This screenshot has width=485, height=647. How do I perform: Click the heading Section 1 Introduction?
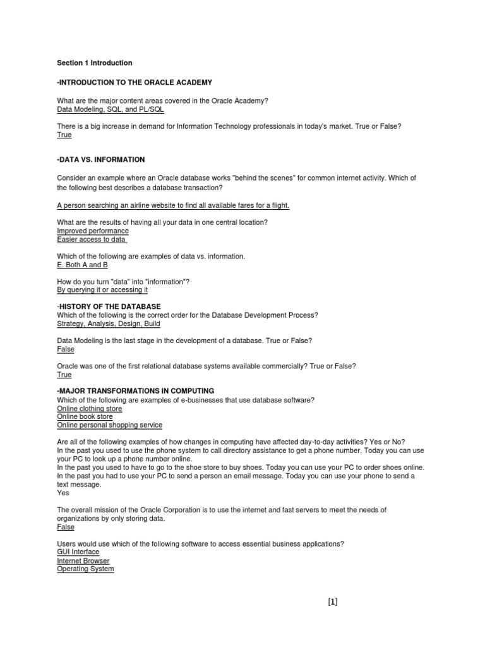tap(95, 63)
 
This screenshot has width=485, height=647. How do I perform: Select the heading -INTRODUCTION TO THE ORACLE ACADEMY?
tap(135, 83)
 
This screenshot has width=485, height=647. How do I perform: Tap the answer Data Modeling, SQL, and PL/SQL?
tap(111, 109)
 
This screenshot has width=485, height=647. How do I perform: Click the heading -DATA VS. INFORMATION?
tap(101, 160)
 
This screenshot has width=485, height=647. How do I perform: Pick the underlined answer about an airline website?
tap(173, 205)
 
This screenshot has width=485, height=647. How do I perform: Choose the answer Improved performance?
tap(93, 231)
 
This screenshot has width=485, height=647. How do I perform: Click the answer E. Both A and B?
tap(83, 265)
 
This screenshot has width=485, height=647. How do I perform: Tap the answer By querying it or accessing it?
tap(102, 290)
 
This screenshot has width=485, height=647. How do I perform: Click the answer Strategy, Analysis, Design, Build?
tap(109, 323)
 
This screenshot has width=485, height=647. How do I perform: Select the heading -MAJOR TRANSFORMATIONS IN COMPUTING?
tap(136, 391)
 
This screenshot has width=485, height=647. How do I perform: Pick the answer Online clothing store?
tap(90, 409)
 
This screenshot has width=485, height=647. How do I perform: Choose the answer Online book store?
tap(85, 417)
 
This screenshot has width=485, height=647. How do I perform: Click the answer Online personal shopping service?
tap(110, 425)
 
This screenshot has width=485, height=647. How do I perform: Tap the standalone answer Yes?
tap(63, 493)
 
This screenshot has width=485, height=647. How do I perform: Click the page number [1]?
tap(333, 602)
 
